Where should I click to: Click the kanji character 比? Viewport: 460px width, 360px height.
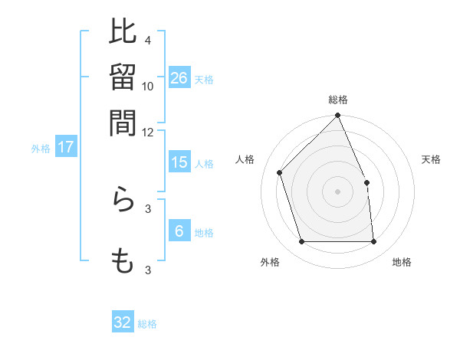[123, 32]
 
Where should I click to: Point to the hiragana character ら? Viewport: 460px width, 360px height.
[123, 200]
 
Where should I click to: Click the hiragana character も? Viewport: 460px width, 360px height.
[123, 260]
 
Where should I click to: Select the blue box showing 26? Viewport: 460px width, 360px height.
[179, 77]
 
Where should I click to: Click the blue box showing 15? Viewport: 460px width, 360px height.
[179, 162]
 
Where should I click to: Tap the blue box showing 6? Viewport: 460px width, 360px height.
[179, 231]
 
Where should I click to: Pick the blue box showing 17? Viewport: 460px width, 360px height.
[66, 147]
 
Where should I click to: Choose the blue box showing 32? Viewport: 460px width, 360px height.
[123, 322]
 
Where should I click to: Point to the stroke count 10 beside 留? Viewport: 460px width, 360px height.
[148, 86]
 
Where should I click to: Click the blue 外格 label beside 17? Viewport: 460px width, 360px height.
[41, 149]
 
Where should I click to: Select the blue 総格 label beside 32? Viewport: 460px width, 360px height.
[147, 324]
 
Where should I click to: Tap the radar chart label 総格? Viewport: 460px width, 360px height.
[338, 100]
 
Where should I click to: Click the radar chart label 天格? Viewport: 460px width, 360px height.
[431, 159]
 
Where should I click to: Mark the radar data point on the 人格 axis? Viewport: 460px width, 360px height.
[280, 172]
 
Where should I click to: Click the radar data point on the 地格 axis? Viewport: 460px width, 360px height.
[374, 242]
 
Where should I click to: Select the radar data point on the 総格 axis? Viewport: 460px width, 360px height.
[338, 116]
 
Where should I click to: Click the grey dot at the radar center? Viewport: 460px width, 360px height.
[338, 191]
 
